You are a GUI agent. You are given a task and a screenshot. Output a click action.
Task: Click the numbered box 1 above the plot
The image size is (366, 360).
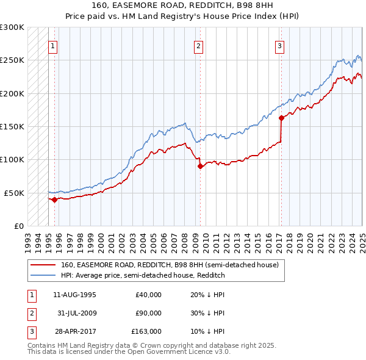53,45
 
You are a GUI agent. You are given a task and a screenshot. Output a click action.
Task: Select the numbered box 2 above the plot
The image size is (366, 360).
199,45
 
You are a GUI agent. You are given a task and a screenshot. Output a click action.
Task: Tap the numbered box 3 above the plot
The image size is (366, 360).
279,45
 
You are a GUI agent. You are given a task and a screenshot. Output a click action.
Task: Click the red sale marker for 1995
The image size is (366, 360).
54,199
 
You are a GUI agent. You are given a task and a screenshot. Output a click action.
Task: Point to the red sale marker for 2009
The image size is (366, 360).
200,166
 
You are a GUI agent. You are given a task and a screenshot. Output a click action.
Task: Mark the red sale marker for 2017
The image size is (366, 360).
281,118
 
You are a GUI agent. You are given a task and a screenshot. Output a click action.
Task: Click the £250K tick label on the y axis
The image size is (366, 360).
12,60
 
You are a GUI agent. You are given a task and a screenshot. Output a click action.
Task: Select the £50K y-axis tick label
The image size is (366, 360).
15,193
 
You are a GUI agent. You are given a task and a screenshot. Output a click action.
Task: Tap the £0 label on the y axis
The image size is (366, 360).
19,226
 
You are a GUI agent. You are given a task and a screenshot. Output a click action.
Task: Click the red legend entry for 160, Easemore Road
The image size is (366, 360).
170,265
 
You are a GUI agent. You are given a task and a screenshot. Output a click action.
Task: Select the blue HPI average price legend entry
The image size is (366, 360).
143,275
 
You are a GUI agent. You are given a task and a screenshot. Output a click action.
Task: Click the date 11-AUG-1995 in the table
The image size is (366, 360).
74,295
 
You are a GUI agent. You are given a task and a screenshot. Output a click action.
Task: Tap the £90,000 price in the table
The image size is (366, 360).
148,313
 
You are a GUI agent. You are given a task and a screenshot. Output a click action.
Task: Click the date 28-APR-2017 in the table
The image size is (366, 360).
74,331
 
